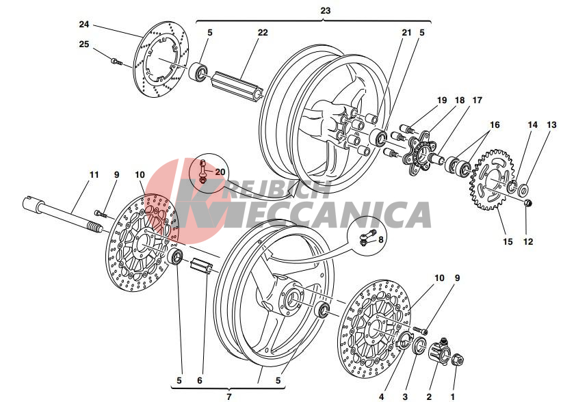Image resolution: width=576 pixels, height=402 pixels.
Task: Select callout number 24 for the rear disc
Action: [x=84, y=25]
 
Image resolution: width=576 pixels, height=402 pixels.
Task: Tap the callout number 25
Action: [x=84, y=44]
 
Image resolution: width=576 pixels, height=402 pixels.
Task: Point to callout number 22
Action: [x=263, y=32]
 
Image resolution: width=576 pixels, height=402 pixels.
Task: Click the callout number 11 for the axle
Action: [x=94, y=175]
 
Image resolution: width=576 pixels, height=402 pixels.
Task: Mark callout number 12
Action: [x=527, y=241]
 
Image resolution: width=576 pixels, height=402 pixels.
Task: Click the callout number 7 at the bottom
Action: [x=229, y=396]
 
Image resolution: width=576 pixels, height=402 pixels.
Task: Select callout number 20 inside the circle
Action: [x=220, y=172]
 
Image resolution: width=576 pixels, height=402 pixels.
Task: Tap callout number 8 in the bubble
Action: [x=381, y=239]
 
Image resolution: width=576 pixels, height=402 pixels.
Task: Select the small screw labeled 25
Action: [x=116, y=62]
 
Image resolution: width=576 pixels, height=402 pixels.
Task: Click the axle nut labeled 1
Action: [x=458, y=360]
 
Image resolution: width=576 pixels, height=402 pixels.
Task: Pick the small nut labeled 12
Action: [x=527, y=204]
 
